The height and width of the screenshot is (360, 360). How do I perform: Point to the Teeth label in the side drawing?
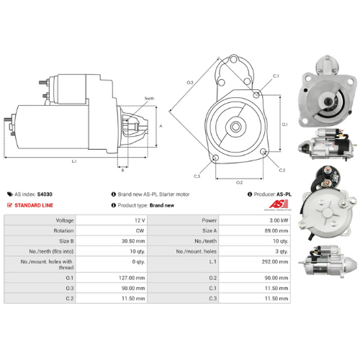[x=148, y=98]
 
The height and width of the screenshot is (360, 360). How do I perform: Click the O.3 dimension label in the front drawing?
[x=190, y=83]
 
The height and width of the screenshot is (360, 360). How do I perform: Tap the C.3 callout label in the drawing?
[x=197, y=176]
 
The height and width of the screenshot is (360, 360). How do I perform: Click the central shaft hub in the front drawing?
[x=235, y=125]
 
